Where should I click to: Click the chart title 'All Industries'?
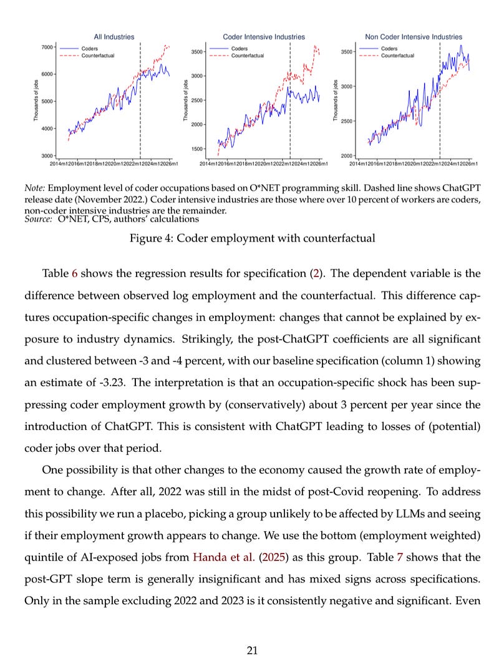click(x=114, y=37)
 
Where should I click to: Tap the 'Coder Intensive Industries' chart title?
click(x=264, y=37)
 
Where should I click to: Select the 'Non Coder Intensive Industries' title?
click(x=414, y=37)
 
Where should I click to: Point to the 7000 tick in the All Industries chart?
click(x=47, y=47)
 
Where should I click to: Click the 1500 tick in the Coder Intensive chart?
click(x=198, y=149)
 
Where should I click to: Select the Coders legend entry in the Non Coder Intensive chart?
click(x=389, y=49)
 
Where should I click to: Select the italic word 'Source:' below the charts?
click(x=37, y=220)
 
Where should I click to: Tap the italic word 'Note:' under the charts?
click(x=34, y=187)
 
